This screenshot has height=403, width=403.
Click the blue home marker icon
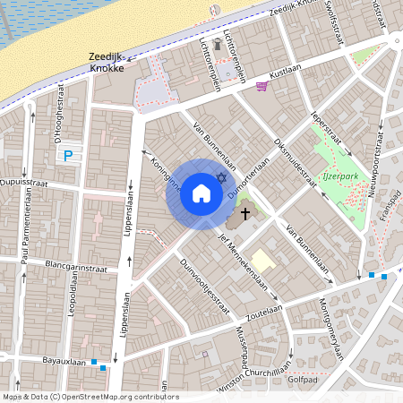[x=201, y=193]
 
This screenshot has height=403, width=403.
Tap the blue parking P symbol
[x=68, y=156]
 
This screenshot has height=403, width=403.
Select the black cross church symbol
[x=244, y=215]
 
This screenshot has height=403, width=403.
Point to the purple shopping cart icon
[x=262, y=86]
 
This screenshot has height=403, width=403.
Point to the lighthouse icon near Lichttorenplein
[x=218, y=44]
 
